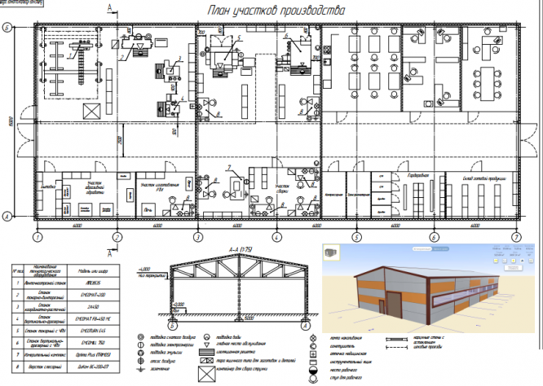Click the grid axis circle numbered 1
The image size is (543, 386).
tap(36, 237)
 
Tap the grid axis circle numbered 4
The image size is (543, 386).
tap(276, 237)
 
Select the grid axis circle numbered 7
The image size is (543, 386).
tap(516, 237)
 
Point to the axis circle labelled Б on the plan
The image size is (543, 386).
tap(7, 28)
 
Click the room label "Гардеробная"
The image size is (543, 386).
tap(418, 175)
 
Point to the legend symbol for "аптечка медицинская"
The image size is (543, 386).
tap(314, 351)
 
